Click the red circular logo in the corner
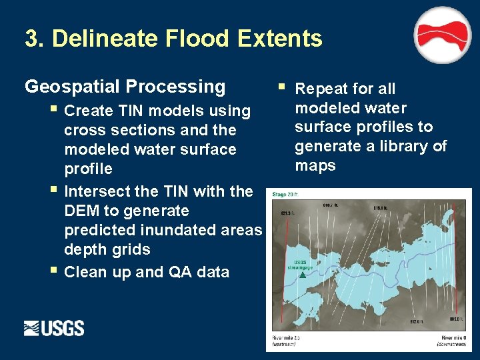443,35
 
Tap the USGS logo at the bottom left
54,328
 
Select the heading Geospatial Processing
125,87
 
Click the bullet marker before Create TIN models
53,109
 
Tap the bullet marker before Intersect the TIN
53,191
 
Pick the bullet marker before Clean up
53,271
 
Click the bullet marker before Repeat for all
283,87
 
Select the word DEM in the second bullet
81,211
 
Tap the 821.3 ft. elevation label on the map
287,213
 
